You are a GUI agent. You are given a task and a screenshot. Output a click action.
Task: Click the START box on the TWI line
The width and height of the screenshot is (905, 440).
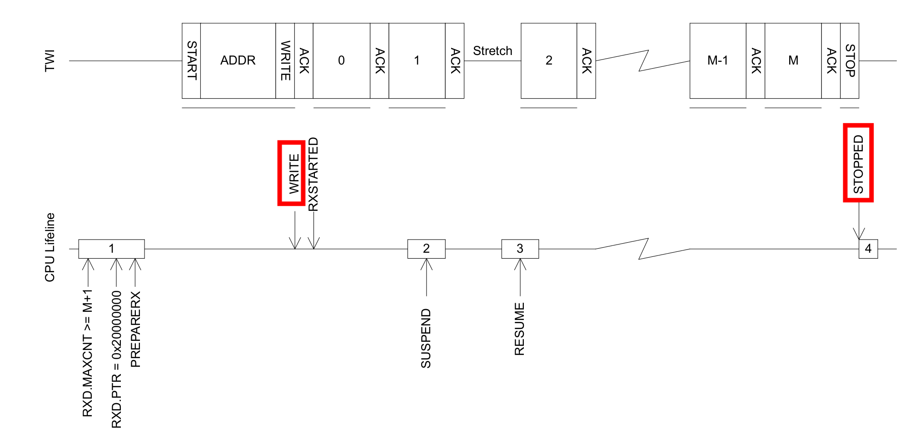pos(191,60)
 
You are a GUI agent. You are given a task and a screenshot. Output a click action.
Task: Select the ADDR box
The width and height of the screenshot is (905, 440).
pos(238,60)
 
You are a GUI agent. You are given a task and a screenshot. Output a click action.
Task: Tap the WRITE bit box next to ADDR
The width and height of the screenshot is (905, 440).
pos(285,60)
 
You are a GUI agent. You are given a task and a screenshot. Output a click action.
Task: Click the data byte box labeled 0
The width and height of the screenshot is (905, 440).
pos(341,60)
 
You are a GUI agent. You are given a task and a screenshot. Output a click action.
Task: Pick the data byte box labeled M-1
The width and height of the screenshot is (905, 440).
pos(718,60)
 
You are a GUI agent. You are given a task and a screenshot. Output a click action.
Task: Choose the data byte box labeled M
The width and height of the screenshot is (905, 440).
pos(793,60)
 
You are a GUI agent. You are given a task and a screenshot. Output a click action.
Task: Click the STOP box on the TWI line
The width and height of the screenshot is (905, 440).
pos(850,60)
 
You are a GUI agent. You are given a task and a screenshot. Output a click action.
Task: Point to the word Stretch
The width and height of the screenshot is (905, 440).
pos(492,51)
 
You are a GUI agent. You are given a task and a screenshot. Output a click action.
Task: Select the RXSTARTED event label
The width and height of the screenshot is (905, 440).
pos(313,175)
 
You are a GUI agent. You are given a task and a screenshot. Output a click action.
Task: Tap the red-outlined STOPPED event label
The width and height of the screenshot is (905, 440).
pos(858,163)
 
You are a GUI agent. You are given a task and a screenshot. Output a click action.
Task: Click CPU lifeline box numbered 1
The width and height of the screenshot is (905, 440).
pos(111,249)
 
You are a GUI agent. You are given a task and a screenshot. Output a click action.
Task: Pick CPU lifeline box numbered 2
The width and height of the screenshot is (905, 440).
pos(426,249)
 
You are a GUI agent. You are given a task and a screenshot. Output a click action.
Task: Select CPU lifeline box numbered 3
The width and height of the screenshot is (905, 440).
pos(520,249)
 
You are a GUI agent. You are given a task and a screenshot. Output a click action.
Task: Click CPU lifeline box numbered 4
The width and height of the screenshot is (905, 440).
pos(868,249)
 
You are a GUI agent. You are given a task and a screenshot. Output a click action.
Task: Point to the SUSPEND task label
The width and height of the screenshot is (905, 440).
pos(426,338)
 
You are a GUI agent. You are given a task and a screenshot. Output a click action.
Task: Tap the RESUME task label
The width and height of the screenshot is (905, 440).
pos(519,329)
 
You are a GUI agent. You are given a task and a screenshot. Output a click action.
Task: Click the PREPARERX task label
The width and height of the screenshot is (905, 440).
pos(135,329)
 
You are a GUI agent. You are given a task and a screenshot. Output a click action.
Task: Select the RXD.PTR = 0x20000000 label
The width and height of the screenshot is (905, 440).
pos(117,359)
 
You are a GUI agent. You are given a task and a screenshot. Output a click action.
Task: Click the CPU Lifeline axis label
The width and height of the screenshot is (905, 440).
pos(50,247)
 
